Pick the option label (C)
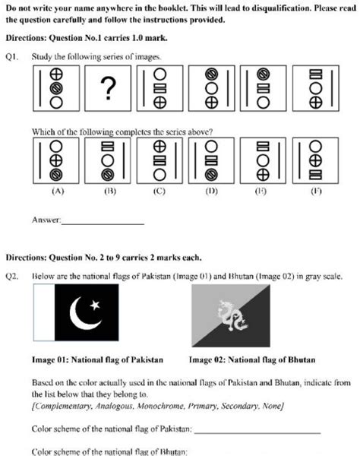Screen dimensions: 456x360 159,191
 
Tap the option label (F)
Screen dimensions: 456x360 315,191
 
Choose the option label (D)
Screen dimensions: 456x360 211,191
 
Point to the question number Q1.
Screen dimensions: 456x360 11,56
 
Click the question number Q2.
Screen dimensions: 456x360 11,277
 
